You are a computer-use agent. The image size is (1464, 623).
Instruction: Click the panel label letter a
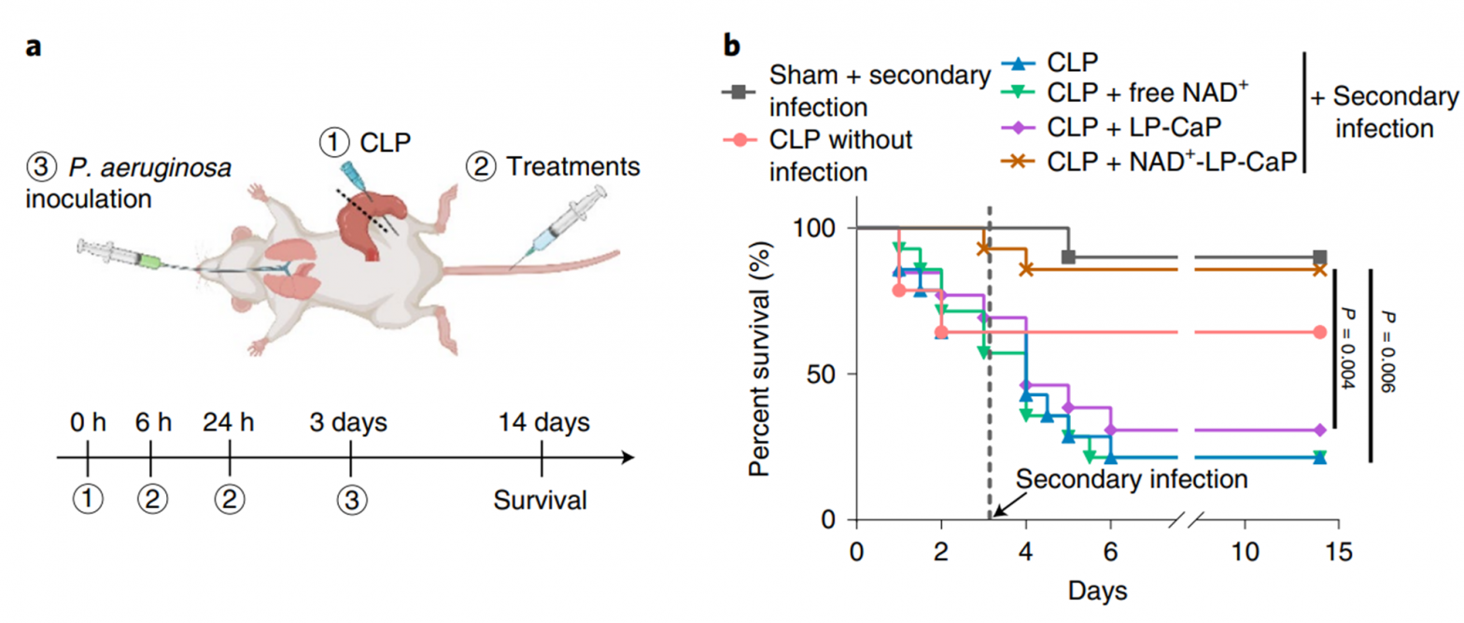[34, 48]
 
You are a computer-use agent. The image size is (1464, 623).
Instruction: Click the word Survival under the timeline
[541, 501]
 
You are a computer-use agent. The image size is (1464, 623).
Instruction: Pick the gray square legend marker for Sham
[739, 92]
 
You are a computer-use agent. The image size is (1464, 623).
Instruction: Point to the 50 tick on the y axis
[821, 374]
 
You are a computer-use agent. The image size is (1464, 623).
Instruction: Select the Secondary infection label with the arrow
[1132, 479]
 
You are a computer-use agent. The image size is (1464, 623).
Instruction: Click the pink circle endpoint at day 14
[1319, 332]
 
